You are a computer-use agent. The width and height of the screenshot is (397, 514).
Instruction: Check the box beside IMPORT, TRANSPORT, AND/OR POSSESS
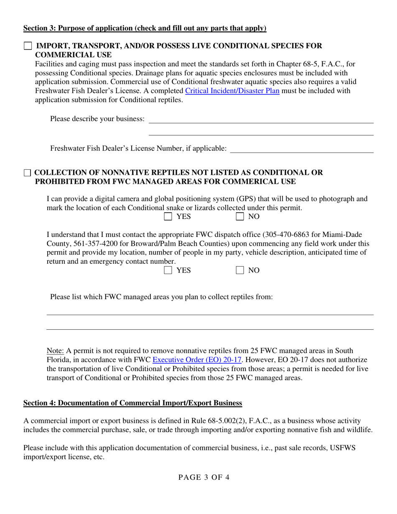[x=28, y=46]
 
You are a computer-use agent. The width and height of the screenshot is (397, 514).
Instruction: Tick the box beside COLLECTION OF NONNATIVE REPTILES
[x=28, y=173]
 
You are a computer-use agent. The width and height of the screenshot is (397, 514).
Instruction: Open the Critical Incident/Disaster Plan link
[x=232, y=91]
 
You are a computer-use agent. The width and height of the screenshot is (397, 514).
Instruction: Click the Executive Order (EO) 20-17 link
[x=197, y=359]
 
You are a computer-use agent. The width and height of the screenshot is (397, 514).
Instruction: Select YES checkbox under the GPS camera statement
[x=168, y=216]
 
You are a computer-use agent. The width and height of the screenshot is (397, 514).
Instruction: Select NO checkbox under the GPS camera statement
[x=240, y=216]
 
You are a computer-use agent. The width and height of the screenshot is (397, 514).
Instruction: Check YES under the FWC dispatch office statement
[x=168, y=270]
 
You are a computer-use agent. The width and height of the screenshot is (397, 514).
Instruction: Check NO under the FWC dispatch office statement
[x=240, y=270]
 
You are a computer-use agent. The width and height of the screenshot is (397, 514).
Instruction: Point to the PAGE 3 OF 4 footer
[x=204, y=478]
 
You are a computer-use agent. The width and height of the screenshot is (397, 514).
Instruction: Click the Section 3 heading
[x=145, y=28]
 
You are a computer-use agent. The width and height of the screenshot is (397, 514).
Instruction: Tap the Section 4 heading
[x=132, y=403]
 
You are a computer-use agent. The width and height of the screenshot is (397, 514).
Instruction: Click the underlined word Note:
[x=55, y=351]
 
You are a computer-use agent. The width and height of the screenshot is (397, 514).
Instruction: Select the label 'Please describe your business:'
[x=97, y=119]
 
